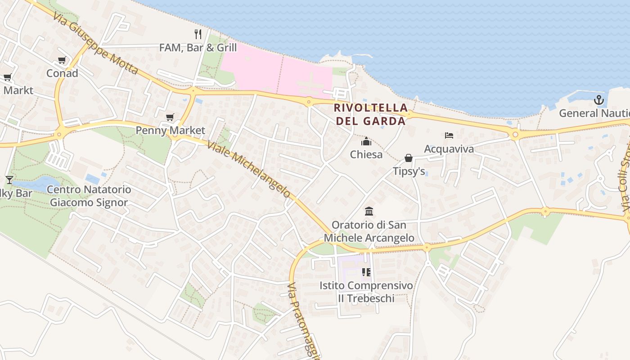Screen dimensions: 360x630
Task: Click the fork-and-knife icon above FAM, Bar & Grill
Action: pos(198,34)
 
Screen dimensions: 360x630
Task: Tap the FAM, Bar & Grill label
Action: pos(198,47)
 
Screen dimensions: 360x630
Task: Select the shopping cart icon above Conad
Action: pos(62,60)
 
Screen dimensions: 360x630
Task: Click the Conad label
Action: pos(62,73)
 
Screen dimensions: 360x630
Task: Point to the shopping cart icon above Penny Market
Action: pos(170,117)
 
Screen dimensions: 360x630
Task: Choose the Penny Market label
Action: pos(171,130)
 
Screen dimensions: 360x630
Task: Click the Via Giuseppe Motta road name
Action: pos(95,43)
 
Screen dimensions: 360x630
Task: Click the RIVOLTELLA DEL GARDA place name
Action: pos(371,114)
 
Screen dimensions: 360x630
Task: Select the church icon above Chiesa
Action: pos(366,142)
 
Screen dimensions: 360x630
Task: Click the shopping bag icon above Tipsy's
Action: pos(409,158)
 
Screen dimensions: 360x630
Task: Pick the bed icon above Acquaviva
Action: pos(449,135)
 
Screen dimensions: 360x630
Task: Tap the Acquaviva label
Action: pos(449,148)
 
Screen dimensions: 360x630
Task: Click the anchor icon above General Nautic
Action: pos(598,100)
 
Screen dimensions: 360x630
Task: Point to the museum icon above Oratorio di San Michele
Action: pos(369,211)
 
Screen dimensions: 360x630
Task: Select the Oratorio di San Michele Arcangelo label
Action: pos(369,231)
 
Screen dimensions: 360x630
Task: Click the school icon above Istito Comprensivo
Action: pos(366,272)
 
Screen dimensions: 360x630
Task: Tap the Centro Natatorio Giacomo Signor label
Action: pos(89,196)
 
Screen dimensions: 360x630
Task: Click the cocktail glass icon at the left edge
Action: pos(9,180)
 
